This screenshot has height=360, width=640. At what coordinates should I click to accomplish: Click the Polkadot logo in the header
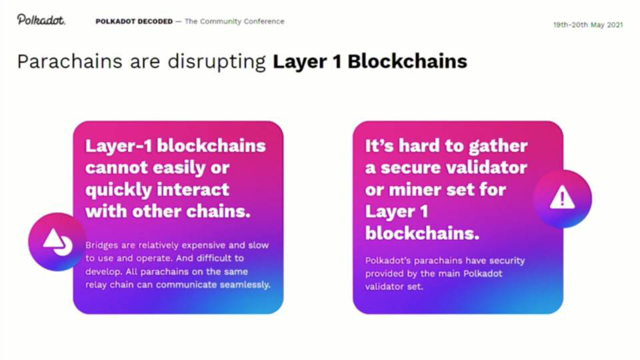coord(41,19)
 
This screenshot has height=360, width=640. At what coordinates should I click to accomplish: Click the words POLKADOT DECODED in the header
coord(134,21)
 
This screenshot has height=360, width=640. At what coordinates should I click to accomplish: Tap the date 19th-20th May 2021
coord(588,25)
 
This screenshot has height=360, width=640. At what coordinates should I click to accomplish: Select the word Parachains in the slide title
coord(70,61)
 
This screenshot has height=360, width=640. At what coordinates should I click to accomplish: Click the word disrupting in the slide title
coord(217,62)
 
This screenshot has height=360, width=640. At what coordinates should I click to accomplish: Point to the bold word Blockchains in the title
coord(407,61)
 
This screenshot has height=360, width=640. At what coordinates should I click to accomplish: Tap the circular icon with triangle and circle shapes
coord(57,241)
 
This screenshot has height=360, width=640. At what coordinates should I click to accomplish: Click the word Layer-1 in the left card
coord(118,146)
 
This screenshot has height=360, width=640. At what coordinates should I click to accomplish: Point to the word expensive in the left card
coord(203,245)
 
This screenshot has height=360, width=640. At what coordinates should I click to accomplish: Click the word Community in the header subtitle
coord(221,21)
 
